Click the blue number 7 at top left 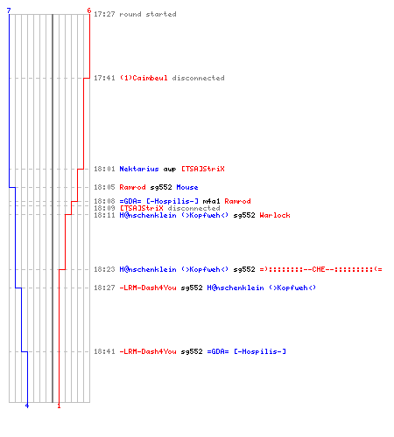click(x=9, y=10)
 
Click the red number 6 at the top click(x=89, y=10)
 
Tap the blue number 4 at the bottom click(x=27, y=406)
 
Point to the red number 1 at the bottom click(x=59, y=406)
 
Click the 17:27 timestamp click(x=104, y=14)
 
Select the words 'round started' click(x=148, y=14)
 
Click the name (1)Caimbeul click(x=144, y=78)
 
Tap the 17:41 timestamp click(x=104, y=78)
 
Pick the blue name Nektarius click(x=139, y=169)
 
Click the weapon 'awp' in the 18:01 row click(x=170, y=170)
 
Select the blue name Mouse click(x=187, y=187)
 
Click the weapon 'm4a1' click(x=211, y=201)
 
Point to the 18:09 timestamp click(x=104, y=208)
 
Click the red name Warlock click(x=275, y=215)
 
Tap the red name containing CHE click(x=320, y=269)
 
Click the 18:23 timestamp click(x=104, y=269)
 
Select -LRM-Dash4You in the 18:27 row click(x=148, y=288)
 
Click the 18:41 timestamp click(x=104, y=351)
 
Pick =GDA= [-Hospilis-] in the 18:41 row click(x=247, y=351)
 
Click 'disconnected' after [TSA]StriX click(x=193, y=208)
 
